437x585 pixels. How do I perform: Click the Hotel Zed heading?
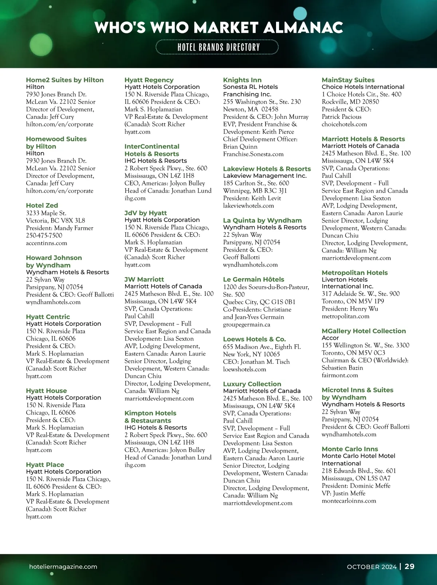point(42,205)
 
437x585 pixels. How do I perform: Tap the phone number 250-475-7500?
point(44,235)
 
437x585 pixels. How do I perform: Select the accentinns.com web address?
point(46,243)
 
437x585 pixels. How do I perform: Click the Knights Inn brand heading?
point(242,80)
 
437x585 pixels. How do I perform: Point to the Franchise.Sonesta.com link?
point(253,154)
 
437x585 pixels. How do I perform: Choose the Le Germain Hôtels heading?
point(253,279)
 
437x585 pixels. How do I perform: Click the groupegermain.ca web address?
point(247,324)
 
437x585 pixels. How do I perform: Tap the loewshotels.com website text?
point(244,369)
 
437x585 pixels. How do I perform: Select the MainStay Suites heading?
point(348,80)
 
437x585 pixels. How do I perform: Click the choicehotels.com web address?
point(344,124)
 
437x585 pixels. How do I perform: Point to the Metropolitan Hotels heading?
point(354,272)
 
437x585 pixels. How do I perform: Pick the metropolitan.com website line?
point(345,316)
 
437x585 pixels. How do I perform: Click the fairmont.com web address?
point(340,375)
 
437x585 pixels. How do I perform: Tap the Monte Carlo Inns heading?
point(350,449)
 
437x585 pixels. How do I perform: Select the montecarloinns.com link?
point(349,501)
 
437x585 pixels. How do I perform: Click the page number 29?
point(409,566)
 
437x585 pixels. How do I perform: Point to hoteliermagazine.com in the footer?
point(63,567)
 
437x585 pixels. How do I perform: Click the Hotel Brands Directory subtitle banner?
point(218,47)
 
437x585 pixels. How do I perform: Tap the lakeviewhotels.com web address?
point(248,206)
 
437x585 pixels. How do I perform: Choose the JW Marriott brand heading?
point(144,279)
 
